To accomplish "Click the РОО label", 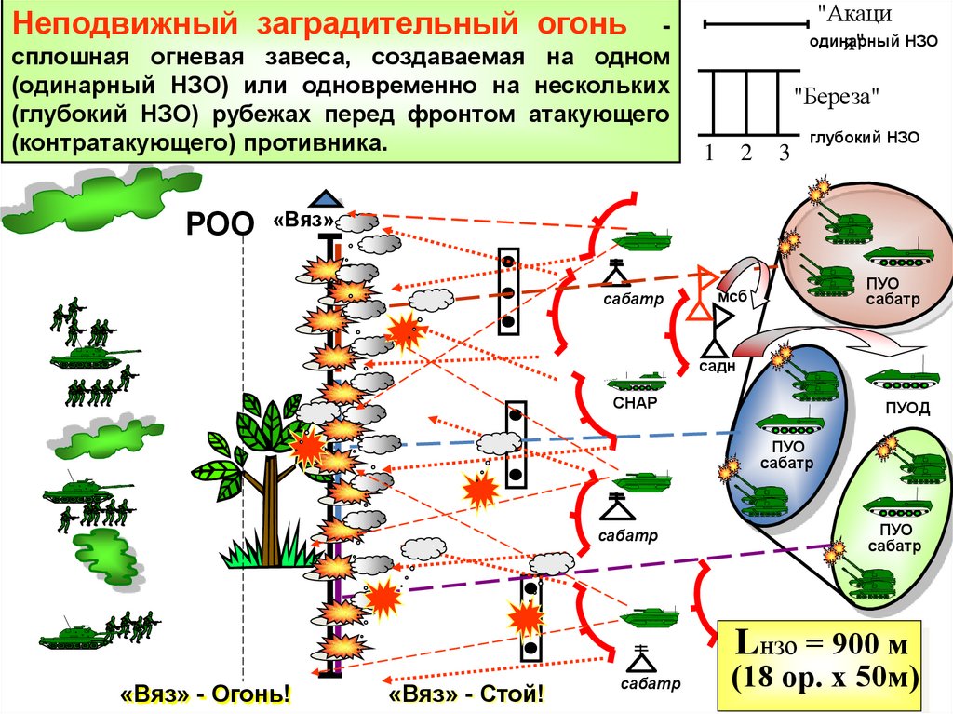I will coord(221,223).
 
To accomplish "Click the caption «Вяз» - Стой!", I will coord(465,694).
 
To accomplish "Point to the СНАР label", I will coord(636,403).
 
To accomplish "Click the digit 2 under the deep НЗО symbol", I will coord(745,154).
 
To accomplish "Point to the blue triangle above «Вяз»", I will coord(325,198).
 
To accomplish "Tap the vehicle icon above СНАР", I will coord(637,381).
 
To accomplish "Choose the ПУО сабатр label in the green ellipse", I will coord(893,538).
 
